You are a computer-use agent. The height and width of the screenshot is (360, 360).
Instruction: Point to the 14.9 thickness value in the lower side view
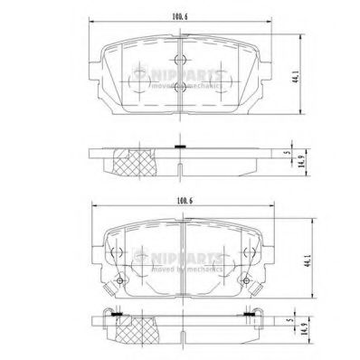[x=308, y=345]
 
